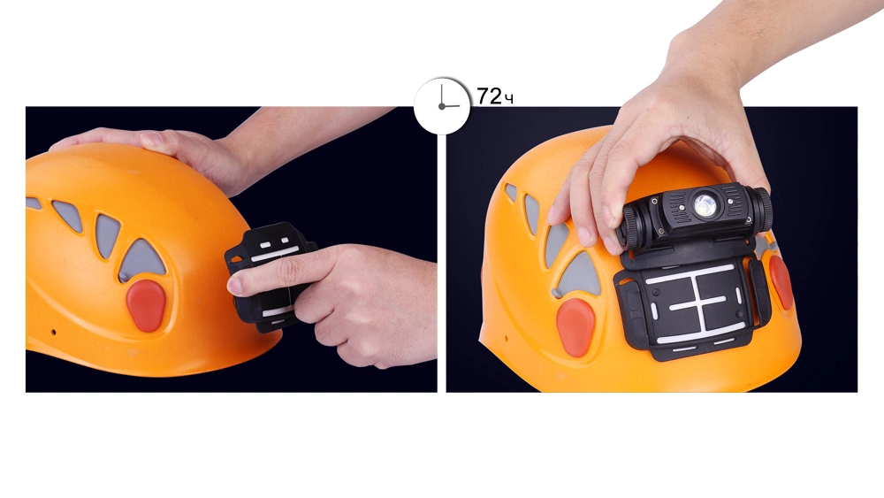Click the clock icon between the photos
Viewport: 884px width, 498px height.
click(x=442, y=106)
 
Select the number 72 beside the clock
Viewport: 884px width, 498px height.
click(x=489, y=96)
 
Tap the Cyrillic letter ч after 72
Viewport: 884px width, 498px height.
click(x=508, y=99)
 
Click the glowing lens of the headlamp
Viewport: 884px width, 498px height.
click(x=705, y=205)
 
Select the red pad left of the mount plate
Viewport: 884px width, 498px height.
click(x=575, y=327)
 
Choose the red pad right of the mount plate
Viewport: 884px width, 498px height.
click(x=781, y=282)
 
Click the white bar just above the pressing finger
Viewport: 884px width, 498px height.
click(x=276, y=255)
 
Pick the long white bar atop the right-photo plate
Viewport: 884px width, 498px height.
click(x=690, y=273)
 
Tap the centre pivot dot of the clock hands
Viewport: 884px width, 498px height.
click(x=441, y=106)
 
